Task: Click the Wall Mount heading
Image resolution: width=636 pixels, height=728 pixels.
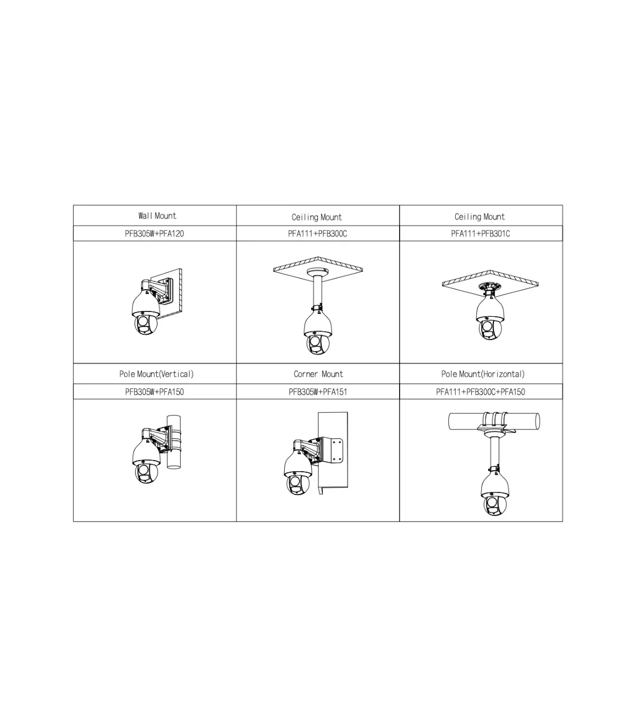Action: pos(157,215)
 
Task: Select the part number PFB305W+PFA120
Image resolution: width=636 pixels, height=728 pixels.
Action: pos(154,233)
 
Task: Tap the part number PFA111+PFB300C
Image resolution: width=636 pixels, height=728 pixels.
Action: pos(317,233)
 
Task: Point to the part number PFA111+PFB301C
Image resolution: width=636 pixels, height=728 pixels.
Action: pos(480,233)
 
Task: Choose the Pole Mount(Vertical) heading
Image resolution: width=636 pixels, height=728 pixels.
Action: pos(156,374)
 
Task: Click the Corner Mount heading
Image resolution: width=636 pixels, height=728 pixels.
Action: pos(318,374)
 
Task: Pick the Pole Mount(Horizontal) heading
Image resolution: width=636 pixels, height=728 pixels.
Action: pos(483,374)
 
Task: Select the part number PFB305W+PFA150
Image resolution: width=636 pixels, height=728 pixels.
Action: pos(154,392)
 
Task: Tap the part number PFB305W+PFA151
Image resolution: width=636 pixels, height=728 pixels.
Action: pos(317,392)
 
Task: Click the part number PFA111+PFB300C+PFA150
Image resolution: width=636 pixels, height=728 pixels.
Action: pos(480,392)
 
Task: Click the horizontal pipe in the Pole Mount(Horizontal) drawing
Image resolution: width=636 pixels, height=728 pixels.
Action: pos(494,421)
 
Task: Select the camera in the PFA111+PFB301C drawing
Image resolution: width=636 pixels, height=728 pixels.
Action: pos(490,318)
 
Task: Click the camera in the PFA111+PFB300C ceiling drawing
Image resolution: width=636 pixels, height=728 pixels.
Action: pos(317,333)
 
